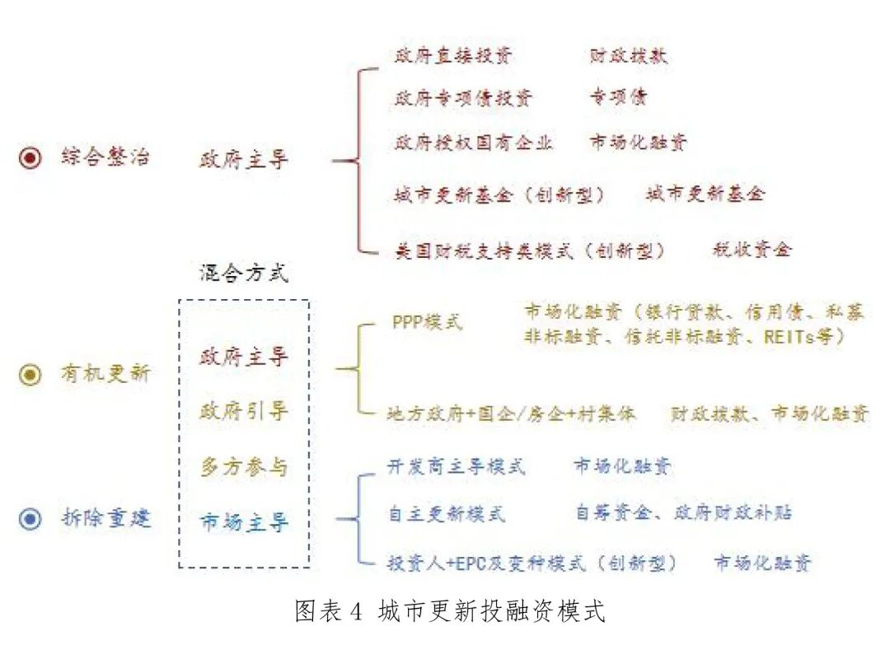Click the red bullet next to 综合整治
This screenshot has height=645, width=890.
[30, 158]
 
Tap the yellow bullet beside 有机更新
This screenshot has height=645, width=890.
[30, 375]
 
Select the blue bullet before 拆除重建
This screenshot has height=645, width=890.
[30, 519]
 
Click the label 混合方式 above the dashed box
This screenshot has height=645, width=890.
[244, 273]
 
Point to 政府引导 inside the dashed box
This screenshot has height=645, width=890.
[244, 410]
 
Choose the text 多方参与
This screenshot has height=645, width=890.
[244, 467]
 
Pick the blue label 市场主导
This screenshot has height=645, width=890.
[244, 522]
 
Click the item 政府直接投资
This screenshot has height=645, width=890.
[453, 56]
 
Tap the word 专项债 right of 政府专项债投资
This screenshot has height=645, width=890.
[618, 97]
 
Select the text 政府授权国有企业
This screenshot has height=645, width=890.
[474, 143]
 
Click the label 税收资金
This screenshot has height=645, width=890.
[751, 249]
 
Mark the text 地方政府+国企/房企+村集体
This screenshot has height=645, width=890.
[511, 414]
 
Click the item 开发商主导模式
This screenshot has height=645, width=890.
[456, 467]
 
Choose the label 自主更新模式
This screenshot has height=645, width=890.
[446, 514]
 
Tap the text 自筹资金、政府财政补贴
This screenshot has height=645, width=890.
[683, 512]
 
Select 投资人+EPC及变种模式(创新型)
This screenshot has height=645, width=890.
[532, 563]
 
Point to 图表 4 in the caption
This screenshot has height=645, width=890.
[328, 611]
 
